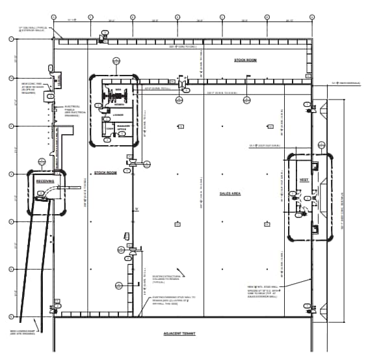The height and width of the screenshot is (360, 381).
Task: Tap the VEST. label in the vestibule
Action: pos(303,180)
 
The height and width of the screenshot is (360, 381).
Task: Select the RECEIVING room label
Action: pos(45,181)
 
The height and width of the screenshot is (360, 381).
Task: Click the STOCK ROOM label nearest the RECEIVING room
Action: pos(105,173)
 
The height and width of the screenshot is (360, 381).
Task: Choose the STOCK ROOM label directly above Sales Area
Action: pos(246,60)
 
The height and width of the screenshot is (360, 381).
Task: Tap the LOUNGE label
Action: pos(118,115)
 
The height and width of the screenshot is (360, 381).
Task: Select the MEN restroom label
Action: pos(118,90)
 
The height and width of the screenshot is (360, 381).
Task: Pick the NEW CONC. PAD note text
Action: pos(32,88)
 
